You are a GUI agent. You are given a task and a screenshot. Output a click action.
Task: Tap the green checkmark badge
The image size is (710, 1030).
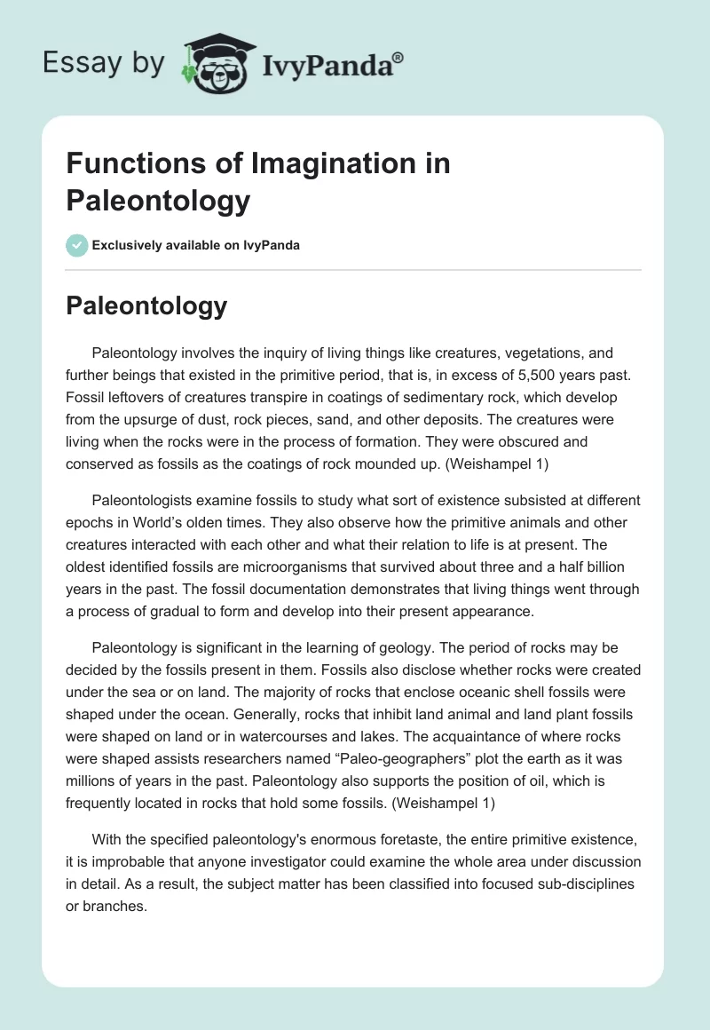point(77,246)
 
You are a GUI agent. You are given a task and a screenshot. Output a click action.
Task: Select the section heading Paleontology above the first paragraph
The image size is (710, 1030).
point(146,306)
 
